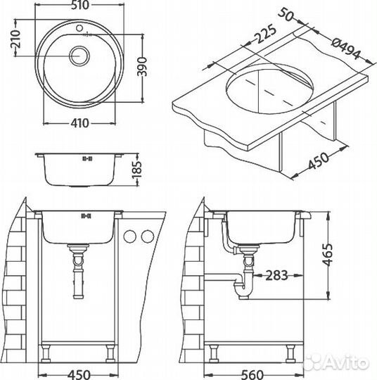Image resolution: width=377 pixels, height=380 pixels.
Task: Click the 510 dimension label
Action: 80,5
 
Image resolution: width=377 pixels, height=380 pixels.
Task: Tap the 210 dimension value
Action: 16,39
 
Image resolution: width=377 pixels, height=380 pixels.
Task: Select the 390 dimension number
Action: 142,67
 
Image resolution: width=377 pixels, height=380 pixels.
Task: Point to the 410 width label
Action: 79,123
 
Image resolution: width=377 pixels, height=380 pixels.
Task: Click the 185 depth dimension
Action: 136,170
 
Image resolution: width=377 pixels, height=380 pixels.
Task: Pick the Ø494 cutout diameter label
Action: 346,49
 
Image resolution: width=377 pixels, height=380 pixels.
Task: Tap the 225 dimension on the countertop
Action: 266,34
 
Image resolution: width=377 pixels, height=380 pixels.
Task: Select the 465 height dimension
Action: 328,255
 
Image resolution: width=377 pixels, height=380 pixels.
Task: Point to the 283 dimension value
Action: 276,275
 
